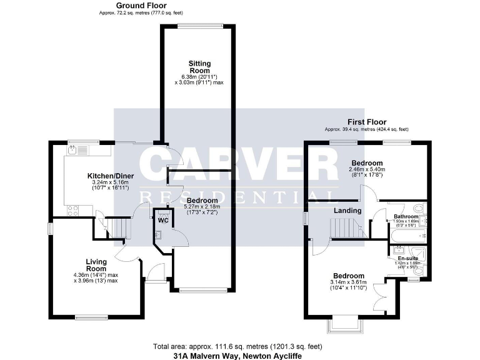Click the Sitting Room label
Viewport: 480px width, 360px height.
[200, 67]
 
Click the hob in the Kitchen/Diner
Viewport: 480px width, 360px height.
[72, 211]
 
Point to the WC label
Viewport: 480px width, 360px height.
[164, 220]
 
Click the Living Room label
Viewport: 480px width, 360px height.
[96, 265]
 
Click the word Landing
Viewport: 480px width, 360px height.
[347, 211]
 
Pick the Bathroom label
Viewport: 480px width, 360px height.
[406, 216]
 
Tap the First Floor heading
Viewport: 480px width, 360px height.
[367, 122]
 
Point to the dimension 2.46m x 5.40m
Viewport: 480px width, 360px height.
[366, 169]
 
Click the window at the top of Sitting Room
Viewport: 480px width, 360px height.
[199, 26]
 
